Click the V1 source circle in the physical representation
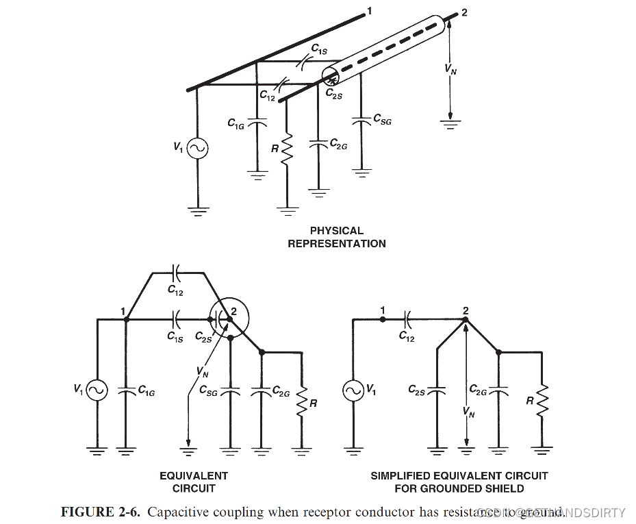coord(197,148)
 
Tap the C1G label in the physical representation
coord(237,123)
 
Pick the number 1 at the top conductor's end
coord(369,11)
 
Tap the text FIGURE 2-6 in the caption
coord(101,512)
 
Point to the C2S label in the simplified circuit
coord(417,390)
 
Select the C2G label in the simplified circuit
coord(478,390)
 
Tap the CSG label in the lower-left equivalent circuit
coord(208,390)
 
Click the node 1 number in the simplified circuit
coord(383,310)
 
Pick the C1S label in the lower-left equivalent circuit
coord(175,336)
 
